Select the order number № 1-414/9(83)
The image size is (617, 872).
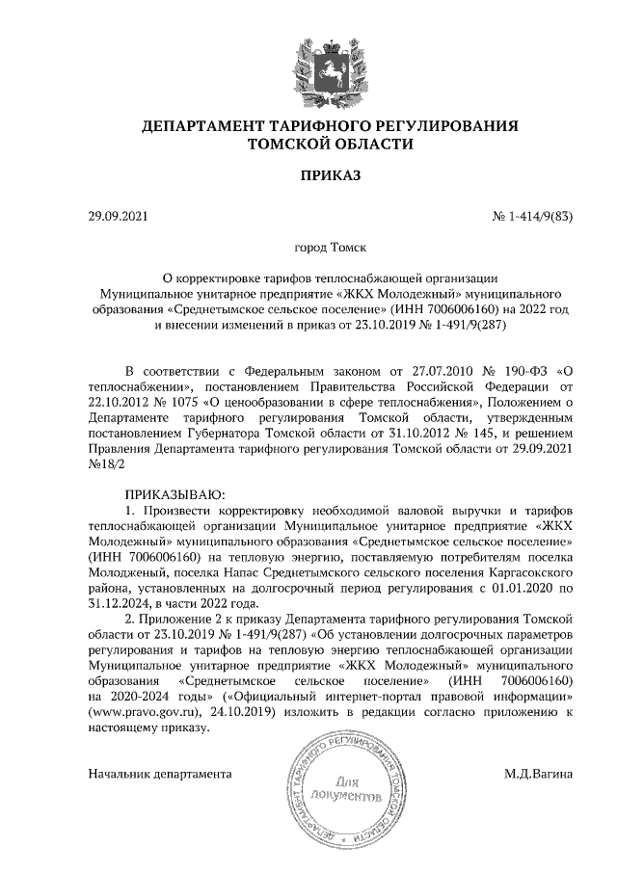pos(533,216)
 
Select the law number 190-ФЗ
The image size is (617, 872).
pos(524,371)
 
